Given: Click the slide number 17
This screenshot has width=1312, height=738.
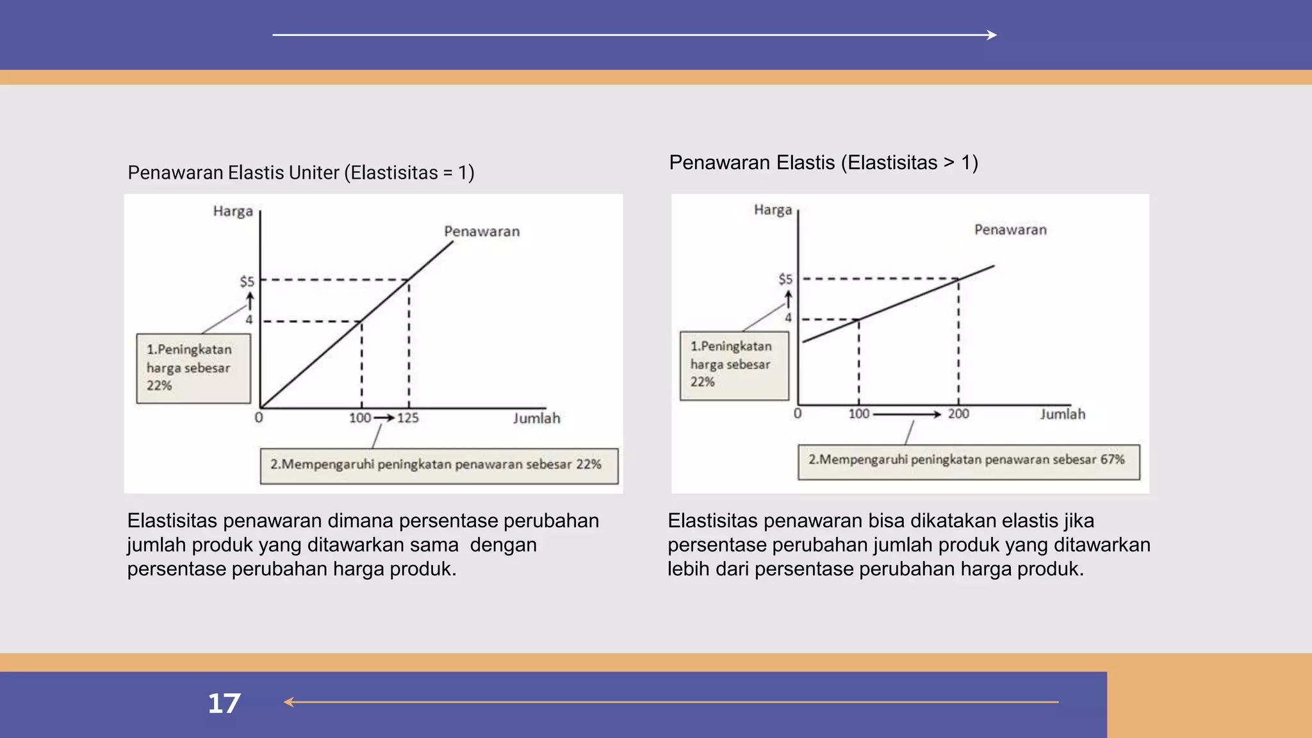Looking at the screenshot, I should point(224,703).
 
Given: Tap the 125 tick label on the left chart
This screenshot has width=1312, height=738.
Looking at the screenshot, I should point(408,418).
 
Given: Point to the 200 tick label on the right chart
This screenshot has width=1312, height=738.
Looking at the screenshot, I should point(958,414).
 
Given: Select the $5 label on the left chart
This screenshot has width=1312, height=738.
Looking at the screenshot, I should point(247,281).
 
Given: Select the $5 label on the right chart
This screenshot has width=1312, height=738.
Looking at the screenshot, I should point(785,279).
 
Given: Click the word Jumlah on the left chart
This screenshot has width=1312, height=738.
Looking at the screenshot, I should point(536,418).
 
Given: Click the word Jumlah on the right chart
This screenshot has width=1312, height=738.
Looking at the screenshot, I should point(1062,414).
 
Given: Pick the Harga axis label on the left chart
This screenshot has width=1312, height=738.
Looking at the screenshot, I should point(233,211).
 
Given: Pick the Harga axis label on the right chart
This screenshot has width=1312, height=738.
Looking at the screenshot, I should point(773,210).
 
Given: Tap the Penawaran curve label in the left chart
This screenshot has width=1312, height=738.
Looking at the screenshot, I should point(482,231).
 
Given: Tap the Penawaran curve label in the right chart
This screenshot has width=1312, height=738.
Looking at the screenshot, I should point(1010,230).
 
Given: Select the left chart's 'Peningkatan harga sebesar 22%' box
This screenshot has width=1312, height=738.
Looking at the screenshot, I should point(193,368).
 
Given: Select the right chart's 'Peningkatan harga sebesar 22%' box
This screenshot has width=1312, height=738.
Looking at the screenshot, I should point(734,365).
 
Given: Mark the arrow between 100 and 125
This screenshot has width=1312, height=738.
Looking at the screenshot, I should point(384,418).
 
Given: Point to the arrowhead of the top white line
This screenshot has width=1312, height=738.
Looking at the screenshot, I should point(992,35).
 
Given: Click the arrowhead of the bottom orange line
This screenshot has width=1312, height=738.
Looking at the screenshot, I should point(289,703).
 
